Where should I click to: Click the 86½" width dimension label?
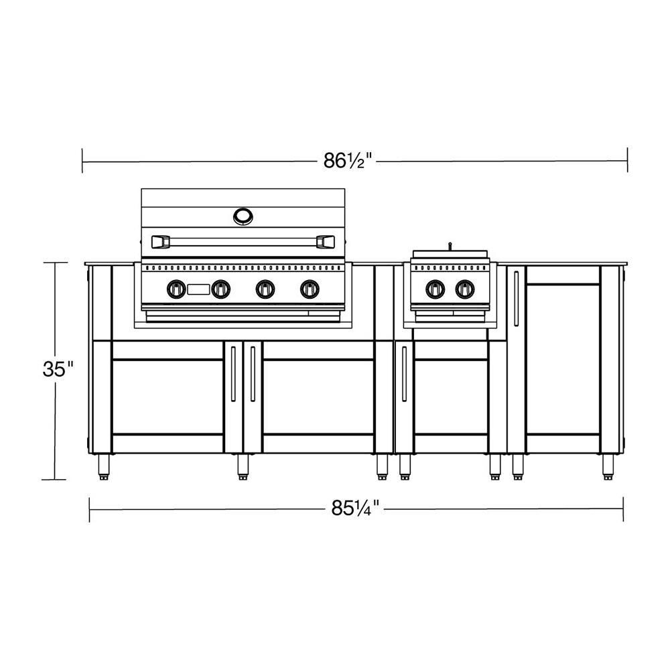coord(348,161)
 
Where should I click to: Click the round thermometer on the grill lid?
coord(243,216)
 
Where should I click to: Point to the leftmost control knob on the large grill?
coord(176,289)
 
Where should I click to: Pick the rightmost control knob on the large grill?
coord(309,289)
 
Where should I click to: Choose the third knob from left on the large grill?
coord(265,289)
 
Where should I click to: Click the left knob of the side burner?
coord(435,289)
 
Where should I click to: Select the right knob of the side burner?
coord(464,289)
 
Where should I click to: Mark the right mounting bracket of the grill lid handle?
coord(326,241)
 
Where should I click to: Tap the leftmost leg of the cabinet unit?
coord(105,466)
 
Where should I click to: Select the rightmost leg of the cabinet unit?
coord(608,466)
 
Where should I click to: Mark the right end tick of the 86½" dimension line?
coord(627,160)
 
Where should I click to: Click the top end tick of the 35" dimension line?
coord(56,263)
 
